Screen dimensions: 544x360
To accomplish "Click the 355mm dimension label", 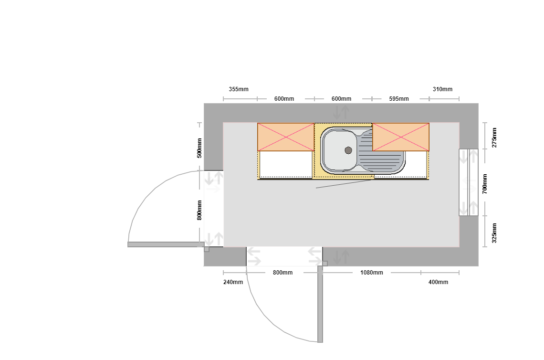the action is click(x=239, y=89).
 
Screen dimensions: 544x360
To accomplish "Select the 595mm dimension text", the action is click(x=399, y=98).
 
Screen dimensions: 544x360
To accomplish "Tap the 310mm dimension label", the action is click(x=442, y=89).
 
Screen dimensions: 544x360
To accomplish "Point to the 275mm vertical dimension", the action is click(x=494, y=138).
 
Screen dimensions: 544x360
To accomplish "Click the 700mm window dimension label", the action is click(x=485, y=184).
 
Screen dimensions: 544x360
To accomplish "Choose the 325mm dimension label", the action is click(x=494, y=233).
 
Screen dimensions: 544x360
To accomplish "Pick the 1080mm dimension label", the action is click(x=372, y=273).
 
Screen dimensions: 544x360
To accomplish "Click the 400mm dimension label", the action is click(x=438, y=282).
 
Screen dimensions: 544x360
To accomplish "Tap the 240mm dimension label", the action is click(x=233, y=282).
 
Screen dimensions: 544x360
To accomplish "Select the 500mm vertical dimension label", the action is click(x=199, y=148).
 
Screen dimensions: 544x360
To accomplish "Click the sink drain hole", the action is click(x=348, y=150).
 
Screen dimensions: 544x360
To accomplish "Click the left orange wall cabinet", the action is click(x=286, y=137).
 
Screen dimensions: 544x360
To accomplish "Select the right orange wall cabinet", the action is click(x=401, y=137).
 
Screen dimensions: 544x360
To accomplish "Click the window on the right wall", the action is click(x=469, y=182).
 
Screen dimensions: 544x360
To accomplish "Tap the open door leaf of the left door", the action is click(x=166, y=244).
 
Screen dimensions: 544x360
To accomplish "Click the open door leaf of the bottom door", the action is click(x=320, y=304).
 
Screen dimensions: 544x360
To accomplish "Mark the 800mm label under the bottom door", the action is click(x=283, y=273).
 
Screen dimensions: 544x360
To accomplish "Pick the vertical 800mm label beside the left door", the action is click(x=199, y=210).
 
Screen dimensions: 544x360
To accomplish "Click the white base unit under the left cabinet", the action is click(x=286, y=165).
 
